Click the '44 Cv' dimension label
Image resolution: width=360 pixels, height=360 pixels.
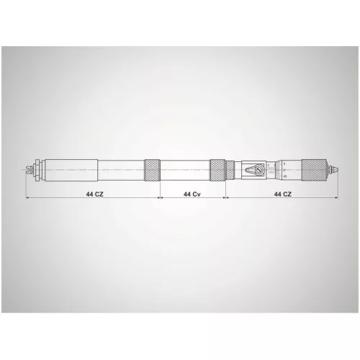click(x=192, y=194)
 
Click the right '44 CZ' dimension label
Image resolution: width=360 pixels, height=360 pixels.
click(x=282, y=194)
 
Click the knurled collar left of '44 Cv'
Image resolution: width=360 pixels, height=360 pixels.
click(x=152, y=171)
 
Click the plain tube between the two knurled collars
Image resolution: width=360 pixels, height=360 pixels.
click(x=184, y=171)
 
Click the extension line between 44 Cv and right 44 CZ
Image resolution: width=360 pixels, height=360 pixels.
click(x=225, y=189)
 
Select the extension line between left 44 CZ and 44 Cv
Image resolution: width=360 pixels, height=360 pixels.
click(x=159, y=189)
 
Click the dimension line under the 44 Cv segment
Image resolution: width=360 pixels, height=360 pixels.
click(x=173, y=194)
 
